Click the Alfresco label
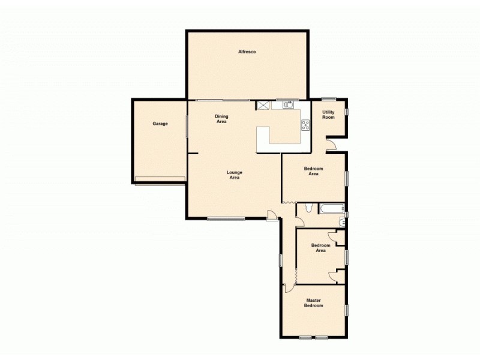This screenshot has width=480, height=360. pos(247,53)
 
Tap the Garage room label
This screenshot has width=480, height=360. pos(160,124)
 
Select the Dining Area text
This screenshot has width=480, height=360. pos(221,119)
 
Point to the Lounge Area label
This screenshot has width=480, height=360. pos(233,175)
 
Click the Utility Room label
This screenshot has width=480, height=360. pos(328,115)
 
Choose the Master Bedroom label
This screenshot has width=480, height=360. pos(314,303)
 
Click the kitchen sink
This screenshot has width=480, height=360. pos(287,104)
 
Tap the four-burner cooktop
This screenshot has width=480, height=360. pos(305,125)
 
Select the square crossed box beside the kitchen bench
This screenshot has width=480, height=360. pos(263,104)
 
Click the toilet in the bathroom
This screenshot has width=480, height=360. pos(308,208)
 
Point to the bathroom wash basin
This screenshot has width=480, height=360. pos(343,222)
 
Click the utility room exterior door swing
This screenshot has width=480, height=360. pos(331,144)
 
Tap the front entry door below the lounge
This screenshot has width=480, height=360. pos(272,216)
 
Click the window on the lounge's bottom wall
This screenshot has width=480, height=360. pos(226,218)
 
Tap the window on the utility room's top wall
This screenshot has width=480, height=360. pos(328,99)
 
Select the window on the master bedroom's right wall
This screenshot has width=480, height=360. pos(346,310)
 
